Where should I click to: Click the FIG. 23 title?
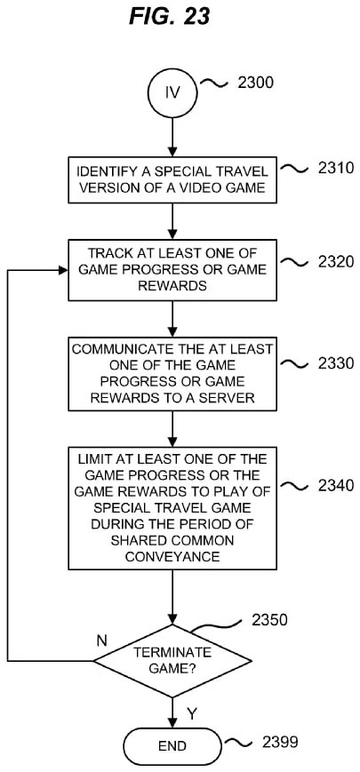point(170,17)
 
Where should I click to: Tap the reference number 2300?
point(254,83)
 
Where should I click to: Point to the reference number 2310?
point(336,168)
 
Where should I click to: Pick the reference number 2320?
point(336,261)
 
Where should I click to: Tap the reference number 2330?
point(336,363)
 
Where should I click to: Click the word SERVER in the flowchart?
point(228,398)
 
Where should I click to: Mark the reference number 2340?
point(336,485)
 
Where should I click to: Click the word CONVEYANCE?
point(172,557)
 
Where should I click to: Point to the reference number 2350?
point(269,619)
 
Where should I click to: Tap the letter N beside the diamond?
point(102,641)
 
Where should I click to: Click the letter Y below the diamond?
point(191,712)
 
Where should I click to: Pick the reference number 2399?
point(281,742)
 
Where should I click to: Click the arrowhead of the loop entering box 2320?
point(62,270)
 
